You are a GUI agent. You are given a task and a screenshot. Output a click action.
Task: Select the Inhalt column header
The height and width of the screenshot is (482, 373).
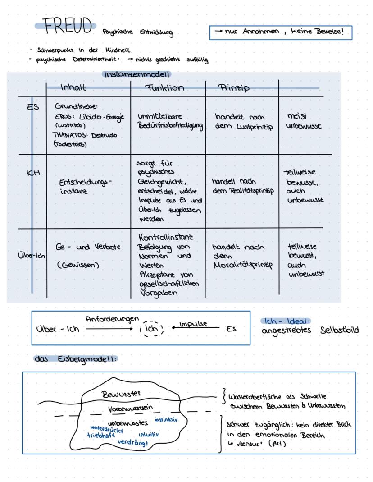pyautogui.click(x=73, y=88)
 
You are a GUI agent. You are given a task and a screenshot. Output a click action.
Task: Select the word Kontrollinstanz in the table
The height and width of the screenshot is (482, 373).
pyautogui.click(x=167, y=238)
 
